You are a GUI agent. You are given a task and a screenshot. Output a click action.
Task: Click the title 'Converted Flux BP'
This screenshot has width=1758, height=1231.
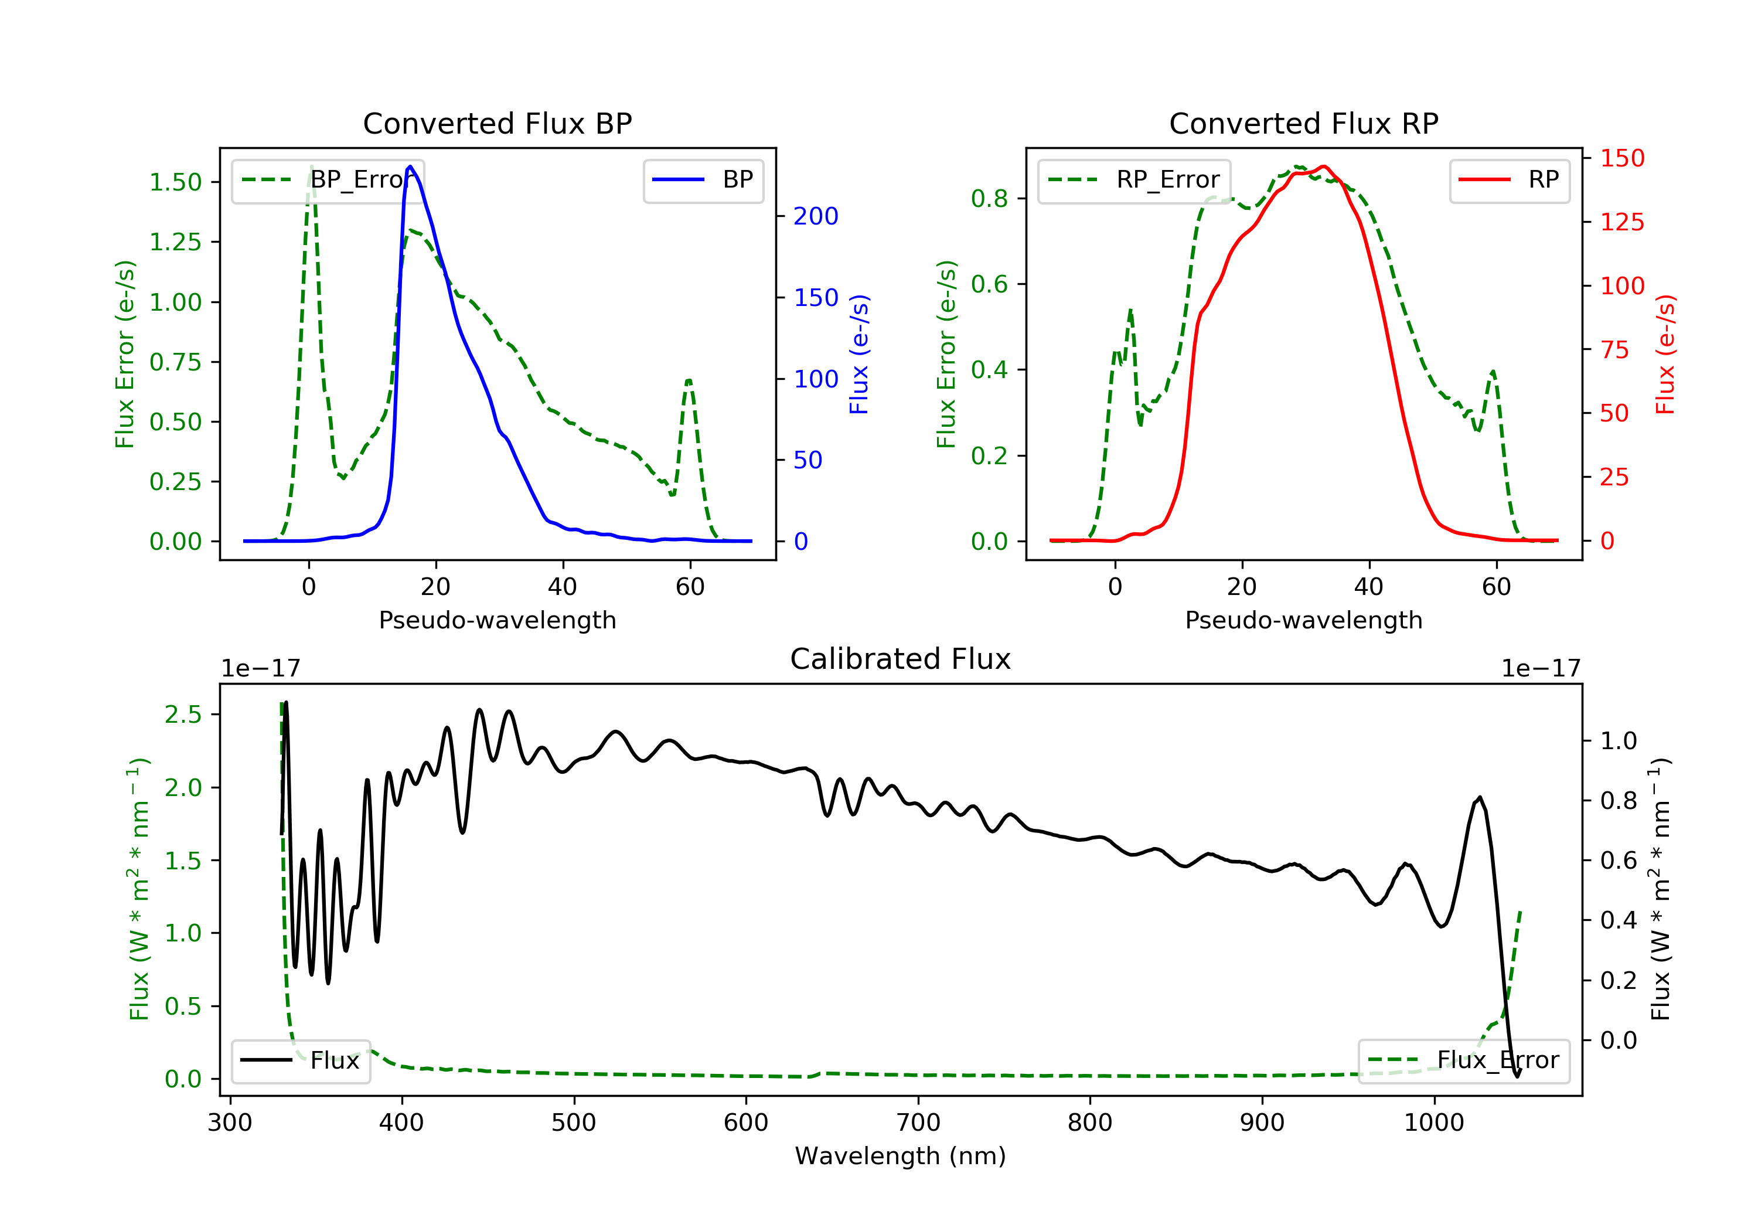497,123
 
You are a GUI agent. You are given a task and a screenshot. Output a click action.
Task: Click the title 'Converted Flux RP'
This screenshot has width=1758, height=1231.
1303,123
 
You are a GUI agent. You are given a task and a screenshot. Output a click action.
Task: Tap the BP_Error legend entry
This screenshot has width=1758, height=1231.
328,180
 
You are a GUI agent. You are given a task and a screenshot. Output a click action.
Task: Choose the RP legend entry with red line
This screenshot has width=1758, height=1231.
1509,180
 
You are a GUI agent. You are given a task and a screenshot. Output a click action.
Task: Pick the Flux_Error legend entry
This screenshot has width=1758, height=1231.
1463,1060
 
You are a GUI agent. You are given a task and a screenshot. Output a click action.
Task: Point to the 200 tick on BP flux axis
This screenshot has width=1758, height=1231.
816,217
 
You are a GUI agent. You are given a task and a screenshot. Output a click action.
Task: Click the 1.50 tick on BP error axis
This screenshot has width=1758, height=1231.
175,182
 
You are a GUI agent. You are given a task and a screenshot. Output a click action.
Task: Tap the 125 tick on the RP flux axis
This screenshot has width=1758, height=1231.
1621,222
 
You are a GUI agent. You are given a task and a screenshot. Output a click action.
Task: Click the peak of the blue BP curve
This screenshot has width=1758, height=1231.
410,166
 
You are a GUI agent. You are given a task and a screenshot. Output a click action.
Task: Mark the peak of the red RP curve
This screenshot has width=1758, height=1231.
1323,166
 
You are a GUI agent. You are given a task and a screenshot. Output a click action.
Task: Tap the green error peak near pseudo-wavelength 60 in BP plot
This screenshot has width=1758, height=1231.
689,380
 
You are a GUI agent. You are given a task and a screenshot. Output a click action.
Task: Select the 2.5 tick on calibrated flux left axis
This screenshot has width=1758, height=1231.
183,715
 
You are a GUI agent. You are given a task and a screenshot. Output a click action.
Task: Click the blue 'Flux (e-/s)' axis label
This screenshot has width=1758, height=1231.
859,354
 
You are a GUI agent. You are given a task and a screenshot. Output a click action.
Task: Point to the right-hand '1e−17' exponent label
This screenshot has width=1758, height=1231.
1541,669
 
